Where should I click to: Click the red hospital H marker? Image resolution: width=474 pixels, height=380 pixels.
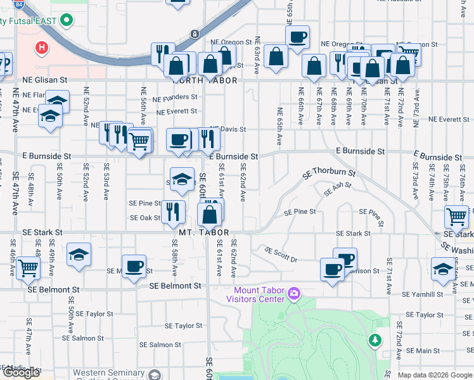coord(42,47)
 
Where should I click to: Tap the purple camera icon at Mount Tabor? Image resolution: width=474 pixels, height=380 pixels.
coord(293,293)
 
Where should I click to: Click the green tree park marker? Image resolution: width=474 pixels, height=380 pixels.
coord(375,341)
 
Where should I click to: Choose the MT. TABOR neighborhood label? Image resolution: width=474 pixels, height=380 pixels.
coord(203,233)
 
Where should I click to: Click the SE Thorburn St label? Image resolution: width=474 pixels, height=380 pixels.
coord(329,172)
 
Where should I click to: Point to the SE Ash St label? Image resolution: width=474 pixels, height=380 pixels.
coord(337,189)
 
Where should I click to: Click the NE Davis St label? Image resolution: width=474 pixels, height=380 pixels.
coord(227,129)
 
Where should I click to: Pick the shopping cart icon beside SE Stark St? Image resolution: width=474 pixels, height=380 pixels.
coord(456,217)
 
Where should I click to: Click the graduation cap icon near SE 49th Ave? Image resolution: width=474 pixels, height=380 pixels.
coord(79,254)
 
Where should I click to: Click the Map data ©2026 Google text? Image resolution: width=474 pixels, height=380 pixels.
coord(435,375)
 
